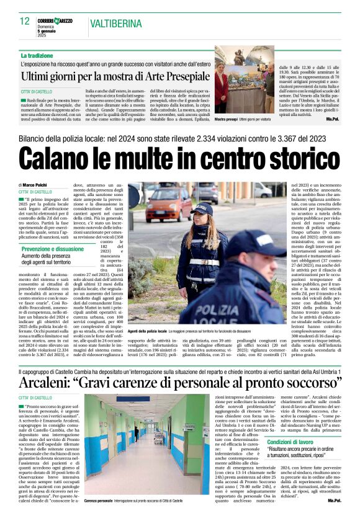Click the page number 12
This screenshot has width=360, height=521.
pyautogui.click(x=24, y=21)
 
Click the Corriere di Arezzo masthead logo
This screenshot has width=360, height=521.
pyautogui.click(x=55, y=22)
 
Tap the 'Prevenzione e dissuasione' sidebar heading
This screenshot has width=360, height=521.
pyautogui.click(x=52, y=249)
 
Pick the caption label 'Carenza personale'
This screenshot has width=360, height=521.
pyautogui.click(x=98, y=500)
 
